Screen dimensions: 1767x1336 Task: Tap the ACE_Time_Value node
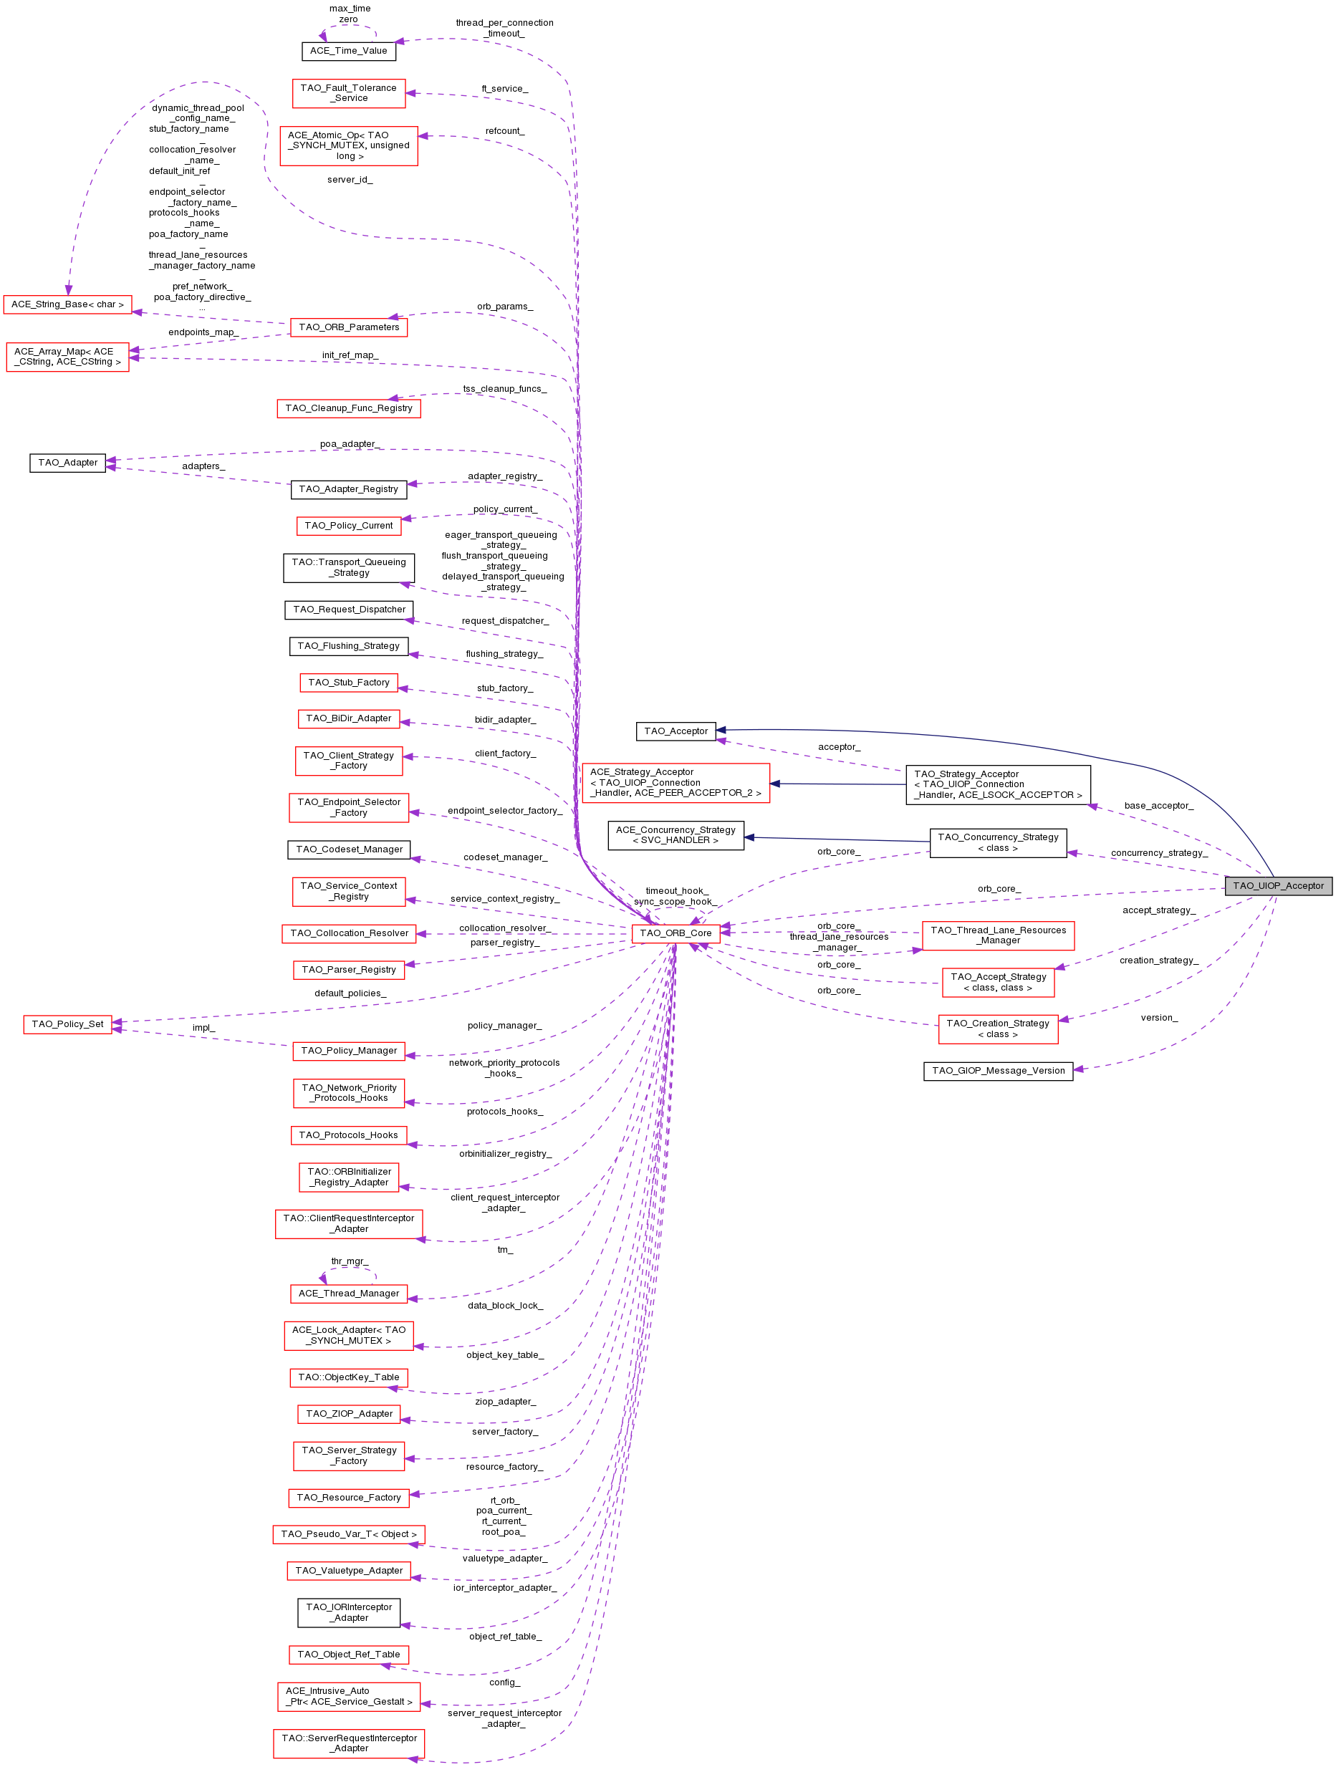point(348,50)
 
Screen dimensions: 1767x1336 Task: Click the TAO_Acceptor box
point(676,730)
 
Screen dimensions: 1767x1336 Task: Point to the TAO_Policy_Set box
point(67,1024)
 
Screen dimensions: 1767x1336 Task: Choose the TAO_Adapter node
point(67,463)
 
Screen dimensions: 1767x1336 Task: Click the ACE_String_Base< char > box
point(67,304)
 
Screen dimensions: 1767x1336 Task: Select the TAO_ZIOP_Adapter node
point(348,1413)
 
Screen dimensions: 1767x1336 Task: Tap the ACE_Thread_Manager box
point(348,1293)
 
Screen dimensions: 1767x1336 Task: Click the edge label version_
point(1158,1017)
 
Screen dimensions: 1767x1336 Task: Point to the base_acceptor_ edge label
point(1158,805)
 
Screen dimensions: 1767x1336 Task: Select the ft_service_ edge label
point(504,89)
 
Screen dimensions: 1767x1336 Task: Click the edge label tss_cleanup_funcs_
point(504,389)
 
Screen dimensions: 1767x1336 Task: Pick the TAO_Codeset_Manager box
point(348,849)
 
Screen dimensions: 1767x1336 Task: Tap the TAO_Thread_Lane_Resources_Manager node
point(997,935)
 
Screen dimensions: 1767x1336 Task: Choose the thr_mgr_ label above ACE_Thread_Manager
point(349,1261)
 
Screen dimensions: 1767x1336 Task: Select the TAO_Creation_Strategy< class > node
point(997,1028)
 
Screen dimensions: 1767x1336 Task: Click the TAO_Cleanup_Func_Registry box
point(348,408)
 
